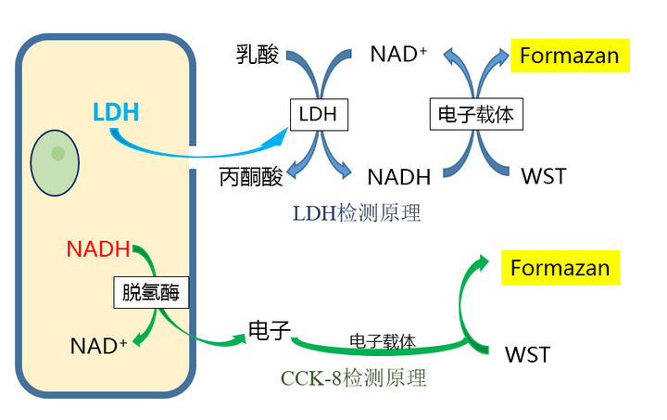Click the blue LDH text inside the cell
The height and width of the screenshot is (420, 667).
[117, 113]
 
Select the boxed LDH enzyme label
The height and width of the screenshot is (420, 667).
[319, 115]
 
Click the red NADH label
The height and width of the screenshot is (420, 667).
[98, 249]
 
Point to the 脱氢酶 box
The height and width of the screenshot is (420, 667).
[151, 293]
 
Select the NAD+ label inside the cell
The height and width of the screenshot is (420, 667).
[98, 346]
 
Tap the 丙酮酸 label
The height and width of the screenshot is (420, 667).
[251, 176]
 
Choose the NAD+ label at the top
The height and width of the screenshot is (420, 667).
[398, 54]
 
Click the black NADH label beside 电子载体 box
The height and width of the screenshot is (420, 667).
[398, 176]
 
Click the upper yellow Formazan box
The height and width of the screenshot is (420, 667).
[569, 55]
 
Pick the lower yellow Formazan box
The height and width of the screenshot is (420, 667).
[560, 268]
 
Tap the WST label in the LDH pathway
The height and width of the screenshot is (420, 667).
[544, 176]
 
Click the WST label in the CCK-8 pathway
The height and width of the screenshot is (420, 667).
[527, 354]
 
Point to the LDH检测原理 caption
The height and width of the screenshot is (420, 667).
[357, 213]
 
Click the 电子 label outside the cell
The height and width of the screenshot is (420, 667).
[270, 330]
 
